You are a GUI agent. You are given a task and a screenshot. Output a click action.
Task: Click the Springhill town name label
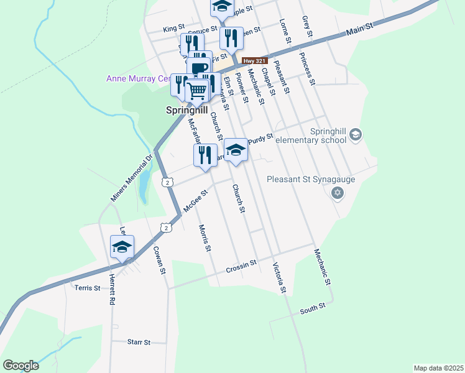coord(186,111)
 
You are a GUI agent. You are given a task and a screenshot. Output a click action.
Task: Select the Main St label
coord(359,29)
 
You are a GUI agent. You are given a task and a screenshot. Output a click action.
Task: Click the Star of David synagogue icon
coord(338,194)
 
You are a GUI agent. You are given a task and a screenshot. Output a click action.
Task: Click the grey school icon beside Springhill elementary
coord(355,134)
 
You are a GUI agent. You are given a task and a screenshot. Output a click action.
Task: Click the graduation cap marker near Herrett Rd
coord(122,248)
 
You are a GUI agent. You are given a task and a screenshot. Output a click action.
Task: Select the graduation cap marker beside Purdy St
coord(236,150)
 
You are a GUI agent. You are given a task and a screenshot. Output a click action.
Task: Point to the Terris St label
coord(87,288)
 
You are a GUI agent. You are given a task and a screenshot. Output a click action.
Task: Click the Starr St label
coord(139,342)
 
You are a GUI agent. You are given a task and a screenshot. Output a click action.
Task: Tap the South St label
coord(313,308)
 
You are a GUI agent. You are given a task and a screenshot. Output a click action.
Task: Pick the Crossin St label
coord(241,265)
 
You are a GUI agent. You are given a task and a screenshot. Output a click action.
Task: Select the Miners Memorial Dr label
coord(131,179)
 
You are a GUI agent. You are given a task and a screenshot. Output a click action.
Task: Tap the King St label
coord(174,29)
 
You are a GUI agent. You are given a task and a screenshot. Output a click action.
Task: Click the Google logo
coord(20,366)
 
